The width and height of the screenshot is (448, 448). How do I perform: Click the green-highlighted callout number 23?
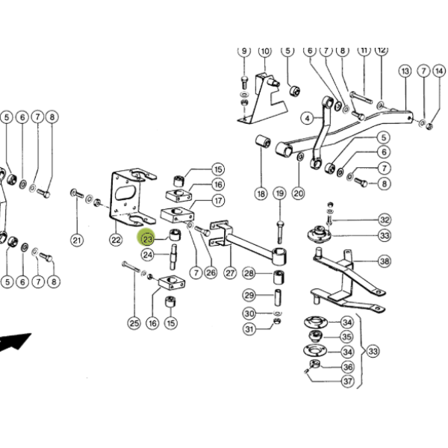coord(147,239)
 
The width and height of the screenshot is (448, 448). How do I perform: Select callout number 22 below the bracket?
coord(116,240)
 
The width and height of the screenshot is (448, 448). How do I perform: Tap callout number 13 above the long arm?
coord(405,71)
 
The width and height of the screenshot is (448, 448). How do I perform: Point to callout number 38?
coord(385,261)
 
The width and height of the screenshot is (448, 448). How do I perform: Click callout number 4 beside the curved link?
coord(307,118)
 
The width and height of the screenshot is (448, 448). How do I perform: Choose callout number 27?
coord(230,273)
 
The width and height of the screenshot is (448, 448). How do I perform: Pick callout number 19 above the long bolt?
coord(279,193)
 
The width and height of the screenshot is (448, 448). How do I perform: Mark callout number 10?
coord(265,52)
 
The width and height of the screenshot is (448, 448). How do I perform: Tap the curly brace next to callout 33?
coord(361,351)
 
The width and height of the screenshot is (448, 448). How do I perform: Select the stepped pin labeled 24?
coord(173,257)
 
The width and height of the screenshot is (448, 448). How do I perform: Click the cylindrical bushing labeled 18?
coord(263,142)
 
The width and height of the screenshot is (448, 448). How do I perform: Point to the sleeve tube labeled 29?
coord(278,296)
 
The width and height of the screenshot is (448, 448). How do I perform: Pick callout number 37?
coord(348,381)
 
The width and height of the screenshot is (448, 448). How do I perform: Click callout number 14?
coord(439,71)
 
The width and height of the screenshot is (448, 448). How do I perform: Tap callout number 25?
coord(134,323)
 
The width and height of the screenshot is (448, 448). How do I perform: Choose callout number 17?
coord(218,201)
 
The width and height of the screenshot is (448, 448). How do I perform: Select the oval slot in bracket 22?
coord(125,193)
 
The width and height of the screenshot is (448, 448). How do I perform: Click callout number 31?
coord(249,329)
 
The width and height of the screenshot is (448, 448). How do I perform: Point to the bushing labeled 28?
coord(279,277)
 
